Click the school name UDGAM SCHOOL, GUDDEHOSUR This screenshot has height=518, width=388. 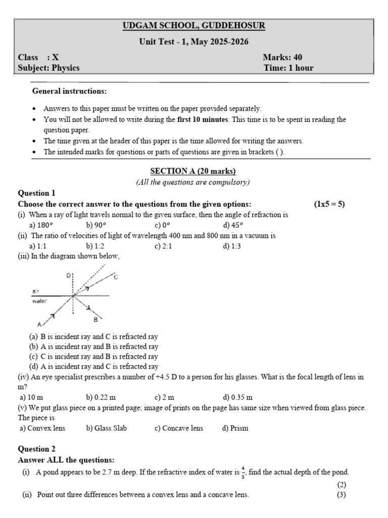point(194,26)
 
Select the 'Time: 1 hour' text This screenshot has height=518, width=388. point(288,68)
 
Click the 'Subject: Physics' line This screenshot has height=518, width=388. point(48,68)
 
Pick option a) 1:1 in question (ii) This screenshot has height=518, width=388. point(38,246)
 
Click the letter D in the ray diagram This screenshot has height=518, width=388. point(68,275)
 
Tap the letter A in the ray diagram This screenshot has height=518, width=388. point(39,324)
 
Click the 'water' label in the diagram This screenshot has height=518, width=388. point(39,301)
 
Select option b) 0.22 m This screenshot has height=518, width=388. point(101,397)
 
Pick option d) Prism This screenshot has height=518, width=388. point(235,428)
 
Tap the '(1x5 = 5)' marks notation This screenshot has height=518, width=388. point(329,204)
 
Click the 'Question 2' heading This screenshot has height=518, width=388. point(37,449)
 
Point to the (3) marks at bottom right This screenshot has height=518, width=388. point(341,495)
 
